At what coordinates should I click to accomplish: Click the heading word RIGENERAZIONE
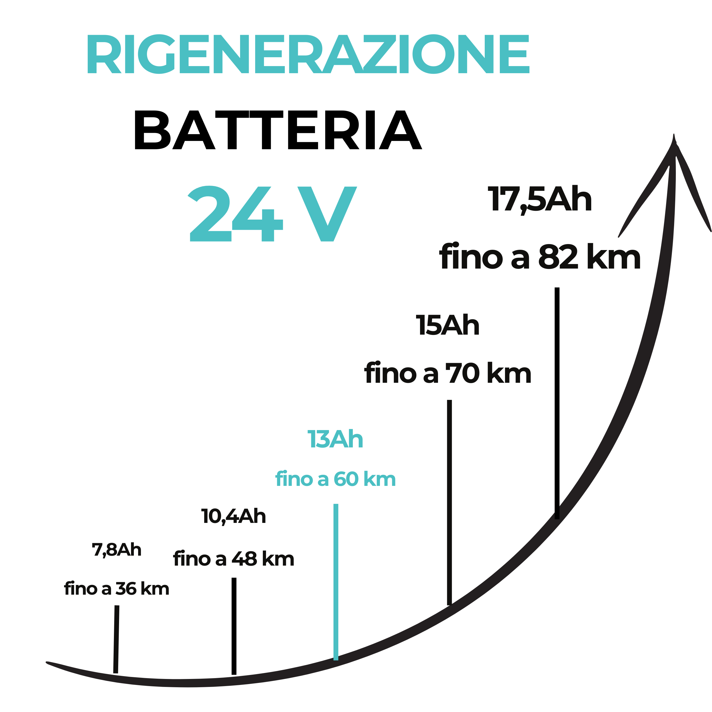coord(308,54)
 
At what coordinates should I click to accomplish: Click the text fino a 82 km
coord(540,257)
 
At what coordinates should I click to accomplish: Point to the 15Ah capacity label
coord(447,326)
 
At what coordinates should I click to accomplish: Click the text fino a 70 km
coord(448,373)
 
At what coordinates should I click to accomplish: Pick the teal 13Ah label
coord(335,439)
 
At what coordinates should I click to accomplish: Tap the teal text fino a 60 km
coord(335,479)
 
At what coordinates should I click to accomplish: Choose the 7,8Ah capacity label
coord(116,550)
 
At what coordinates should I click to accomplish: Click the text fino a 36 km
coord(116,589)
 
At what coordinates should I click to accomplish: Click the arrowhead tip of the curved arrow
coord(674,135)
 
